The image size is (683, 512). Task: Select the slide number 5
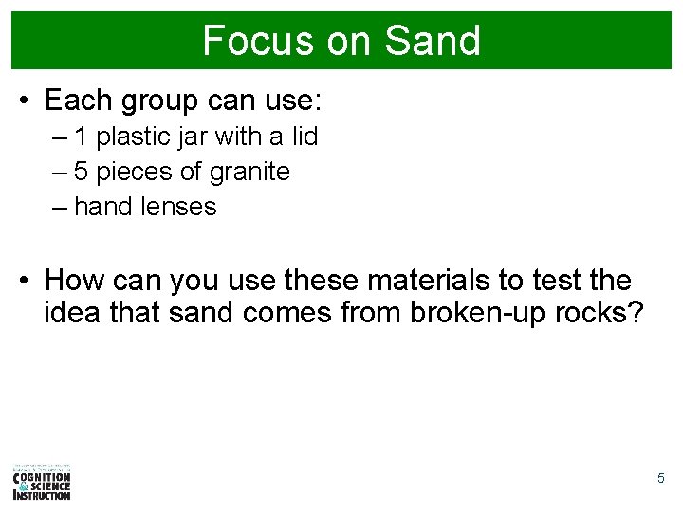(661, 479)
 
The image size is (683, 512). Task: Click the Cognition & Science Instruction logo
(42, 482)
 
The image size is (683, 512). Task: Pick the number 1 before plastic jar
(82, 137)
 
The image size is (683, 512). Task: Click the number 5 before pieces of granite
(82, 172)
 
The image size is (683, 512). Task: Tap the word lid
(304, 137)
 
